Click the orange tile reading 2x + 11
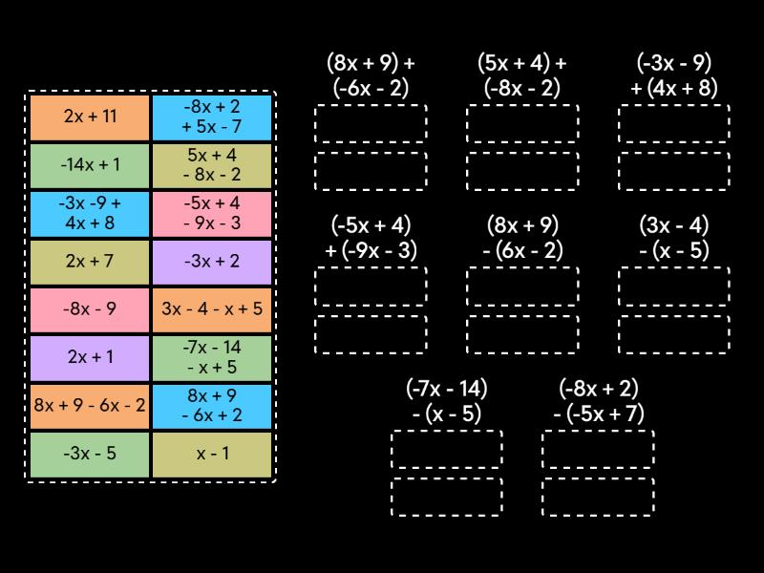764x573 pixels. click(90, 117)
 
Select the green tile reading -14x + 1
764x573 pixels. click(90, 165)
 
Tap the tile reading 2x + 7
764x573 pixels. click(90, 261)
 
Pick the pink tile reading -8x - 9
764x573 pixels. click(90, 309)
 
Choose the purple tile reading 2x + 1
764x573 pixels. click(90, 357)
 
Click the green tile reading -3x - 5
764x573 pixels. click(90, 454)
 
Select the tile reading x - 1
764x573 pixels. click(212, 454)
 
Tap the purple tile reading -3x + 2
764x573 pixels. click(212, 261)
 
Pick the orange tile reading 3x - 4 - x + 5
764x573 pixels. click(212, 309)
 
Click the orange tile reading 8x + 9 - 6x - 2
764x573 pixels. click(90, 405)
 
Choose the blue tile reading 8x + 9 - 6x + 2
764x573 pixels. click(212, 405)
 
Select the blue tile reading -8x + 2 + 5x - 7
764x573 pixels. click(212, 117)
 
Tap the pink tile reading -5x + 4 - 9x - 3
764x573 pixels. click(212, 213)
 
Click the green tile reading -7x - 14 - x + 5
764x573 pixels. click(212, 357)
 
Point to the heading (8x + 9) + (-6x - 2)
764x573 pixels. click(371, 76)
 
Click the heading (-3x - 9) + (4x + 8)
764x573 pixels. click(673, 76)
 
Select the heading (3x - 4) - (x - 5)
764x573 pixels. click(673, 238)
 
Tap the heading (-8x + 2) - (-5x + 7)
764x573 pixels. click(598, 401)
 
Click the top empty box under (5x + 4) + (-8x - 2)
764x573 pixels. click(521, 123)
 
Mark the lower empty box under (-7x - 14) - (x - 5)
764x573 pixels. click(446, 497)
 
